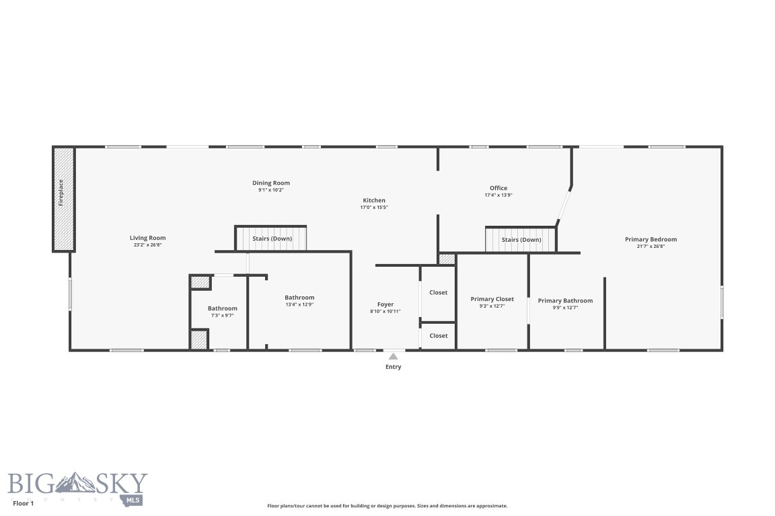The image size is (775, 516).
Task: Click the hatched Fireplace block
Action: coord(63,200)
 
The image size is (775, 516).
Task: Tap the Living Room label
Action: coord(147,238)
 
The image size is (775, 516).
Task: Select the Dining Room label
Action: coord(271,183)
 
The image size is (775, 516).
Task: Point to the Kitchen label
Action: coord(374,200)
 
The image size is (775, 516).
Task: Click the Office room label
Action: coord(499,188)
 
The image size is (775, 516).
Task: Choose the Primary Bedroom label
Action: coord(651,239)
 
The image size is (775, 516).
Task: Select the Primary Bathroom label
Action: coord(565,300)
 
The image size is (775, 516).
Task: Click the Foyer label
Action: coord(385,304)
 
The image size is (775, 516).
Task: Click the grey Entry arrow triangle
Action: coord(393,356)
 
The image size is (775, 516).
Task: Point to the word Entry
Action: coord(393,367)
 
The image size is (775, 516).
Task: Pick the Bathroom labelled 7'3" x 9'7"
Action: coord(222,308)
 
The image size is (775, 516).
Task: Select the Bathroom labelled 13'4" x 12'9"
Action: coord(299,298)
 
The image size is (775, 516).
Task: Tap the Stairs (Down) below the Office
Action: coord(521,240)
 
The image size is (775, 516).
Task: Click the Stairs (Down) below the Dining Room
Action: coord(272,239)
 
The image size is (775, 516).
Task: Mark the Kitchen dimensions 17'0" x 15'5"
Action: coord(374,208)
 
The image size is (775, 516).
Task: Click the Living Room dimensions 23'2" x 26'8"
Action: coord(147,245)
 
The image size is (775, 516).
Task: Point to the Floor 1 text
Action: coord(23,503)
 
